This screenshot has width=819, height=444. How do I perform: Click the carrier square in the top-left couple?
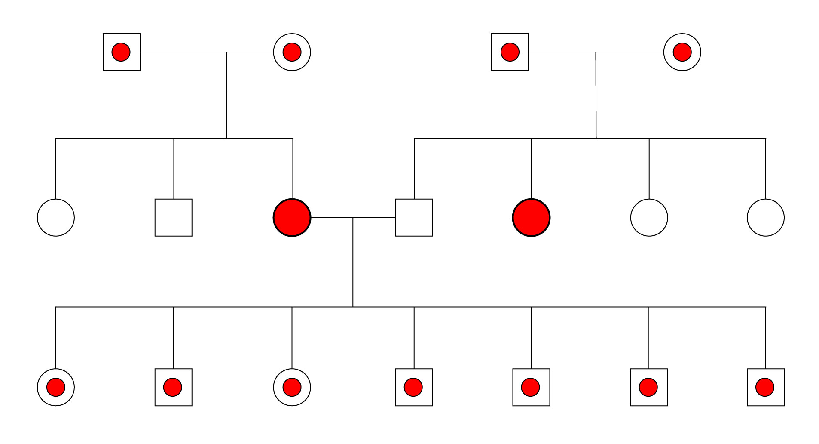122,52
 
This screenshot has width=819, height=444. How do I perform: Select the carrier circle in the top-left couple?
292,52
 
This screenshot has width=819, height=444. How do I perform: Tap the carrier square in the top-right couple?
510,52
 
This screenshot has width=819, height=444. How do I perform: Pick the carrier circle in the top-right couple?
682,52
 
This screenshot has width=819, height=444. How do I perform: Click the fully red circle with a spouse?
292,217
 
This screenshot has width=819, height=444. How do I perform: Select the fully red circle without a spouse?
531,217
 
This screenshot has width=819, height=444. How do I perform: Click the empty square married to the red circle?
414,217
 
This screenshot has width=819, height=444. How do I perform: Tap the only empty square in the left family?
173,217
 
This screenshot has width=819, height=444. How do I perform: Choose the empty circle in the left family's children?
56,217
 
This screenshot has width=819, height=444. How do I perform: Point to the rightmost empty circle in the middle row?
765,217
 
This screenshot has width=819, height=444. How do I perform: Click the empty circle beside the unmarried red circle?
649,217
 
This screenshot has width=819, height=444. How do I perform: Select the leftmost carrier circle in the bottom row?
56,387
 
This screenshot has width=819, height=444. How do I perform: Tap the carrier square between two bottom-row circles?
173,387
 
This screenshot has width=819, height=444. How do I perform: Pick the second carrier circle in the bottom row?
292,387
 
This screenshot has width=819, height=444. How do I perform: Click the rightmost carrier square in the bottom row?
765,387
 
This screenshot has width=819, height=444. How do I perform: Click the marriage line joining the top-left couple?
185,52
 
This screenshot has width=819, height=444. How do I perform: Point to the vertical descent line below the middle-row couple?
353,262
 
